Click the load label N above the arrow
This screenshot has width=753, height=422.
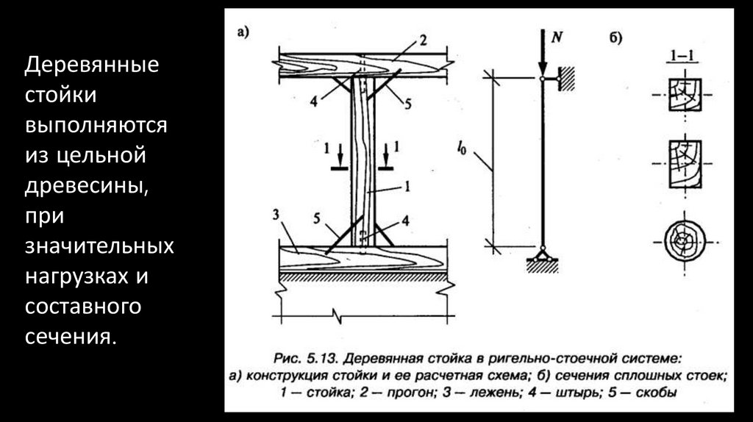(x=557, y=37)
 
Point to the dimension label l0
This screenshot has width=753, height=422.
(x=461, y=149)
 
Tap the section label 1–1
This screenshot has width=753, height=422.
(x=682, y=55)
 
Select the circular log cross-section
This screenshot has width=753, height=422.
(x=685, y=241)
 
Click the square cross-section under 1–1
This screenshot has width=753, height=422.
(x=685, y=95)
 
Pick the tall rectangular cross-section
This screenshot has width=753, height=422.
(x=685, y=164)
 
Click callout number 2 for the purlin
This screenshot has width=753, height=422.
(x=423, y=40)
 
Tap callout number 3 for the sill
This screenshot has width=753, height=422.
(x=276, y=215)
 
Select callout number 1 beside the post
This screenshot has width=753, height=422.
(x=407, y=186)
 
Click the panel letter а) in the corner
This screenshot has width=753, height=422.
(x=243, y=32)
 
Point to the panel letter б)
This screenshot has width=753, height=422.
(x=615, y=37)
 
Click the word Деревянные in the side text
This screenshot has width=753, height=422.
(x=92, y=65)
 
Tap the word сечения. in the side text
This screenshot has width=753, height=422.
(x=71, y=336)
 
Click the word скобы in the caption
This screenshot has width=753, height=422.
(x=657, y=393)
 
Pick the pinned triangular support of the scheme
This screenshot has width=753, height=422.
(x=542, y=254)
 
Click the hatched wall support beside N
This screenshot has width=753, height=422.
(x=567, y=79)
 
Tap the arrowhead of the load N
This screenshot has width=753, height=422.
(x=542, y=68)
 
